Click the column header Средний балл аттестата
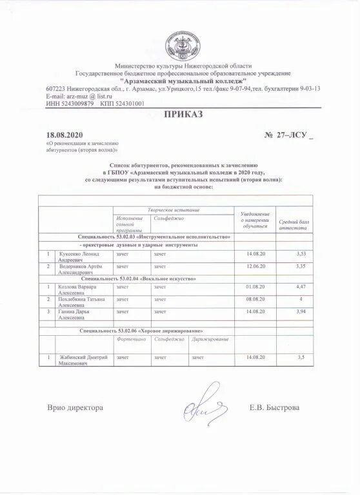[x=294, y=224]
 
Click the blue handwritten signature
[x=203, y=403]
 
